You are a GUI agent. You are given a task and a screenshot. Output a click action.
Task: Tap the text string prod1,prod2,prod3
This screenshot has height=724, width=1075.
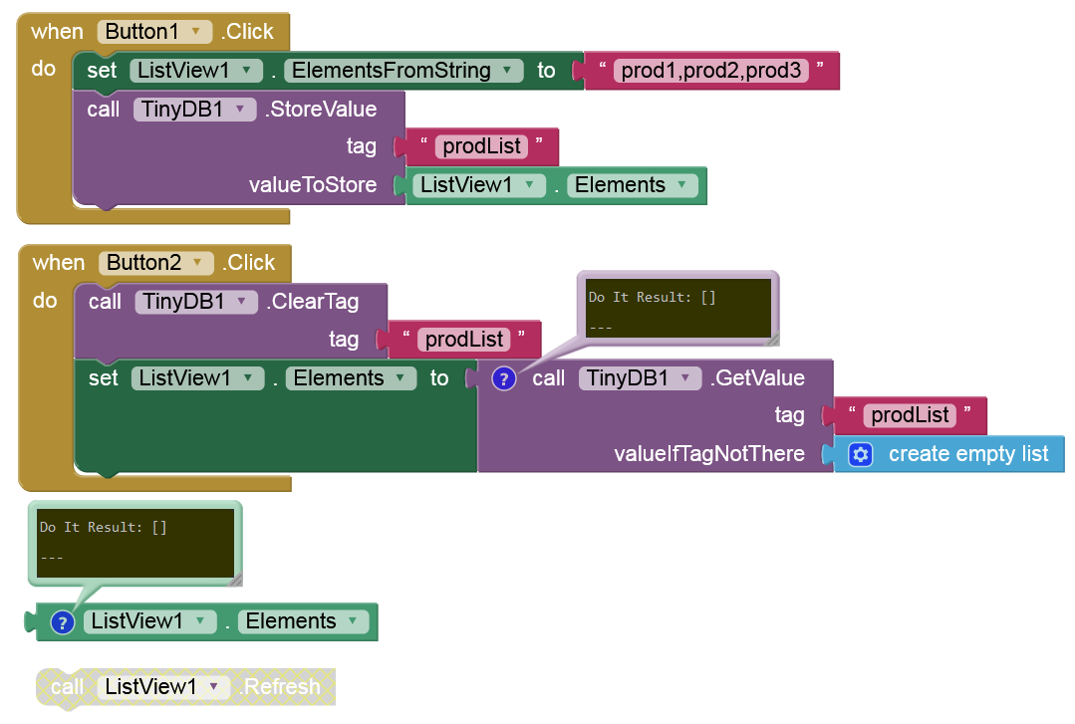(x=711, y=71)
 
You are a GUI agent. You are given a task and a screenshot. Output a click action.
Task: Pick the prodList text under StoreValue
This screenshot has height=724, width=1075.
(x=482, y=146)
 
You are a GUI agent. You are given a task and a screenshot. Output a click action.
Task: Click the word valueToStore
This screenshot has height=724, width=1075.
(x=313, y=185)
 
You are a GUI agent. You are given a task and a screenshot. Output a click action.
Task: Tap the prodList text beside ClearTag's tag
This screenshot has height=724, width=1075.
(x=464, y=340)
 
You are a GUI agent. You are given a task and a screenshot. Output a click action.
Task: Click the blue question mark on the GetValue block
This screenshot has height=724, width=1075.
(x=504, y=378)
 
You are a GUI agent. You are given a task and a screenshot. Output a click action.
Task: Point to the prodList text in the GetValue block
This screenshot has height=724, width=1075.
(x=910, y=415)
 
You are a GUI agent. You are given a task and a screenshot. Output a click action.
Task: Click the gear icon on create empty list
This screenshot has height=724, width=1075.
(x=861, y=454)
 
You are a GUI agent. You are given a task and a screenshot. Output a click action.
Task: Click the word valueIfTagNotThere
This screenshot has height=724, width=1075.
(x=709, y=454)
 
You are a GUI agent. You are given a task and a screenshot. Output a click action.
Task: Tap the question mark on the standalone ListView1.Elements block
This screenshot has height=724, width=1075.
(x=62, y=622)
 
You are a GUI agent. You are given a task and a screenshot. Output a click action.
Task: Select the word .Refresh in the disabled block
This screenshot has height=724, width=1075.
(x=282, y=687)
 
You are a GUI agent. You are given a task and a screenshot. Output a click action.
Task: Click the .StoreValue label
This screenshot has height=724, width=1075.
(x=321, y=110)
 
